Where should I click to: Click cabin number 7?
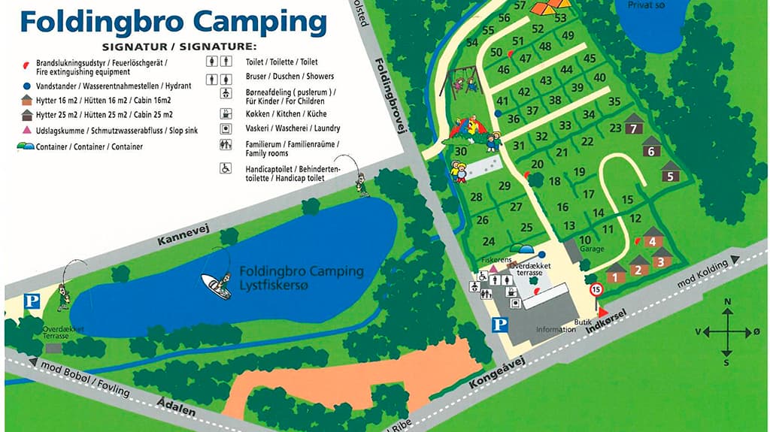click(634, 128)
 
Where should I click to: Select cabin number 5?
click(669, 176)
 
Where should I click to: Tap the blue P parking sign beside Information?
click(498, 325)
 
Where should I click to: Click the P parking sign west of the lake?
click(32, 301)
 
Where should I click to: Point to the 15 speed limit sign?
click(596, 289)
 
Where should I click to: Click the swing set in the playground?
click(464, 80)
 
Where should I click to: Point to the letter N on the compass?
click(727, 302)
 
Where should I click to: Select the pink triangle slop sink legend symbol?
click(26, 130)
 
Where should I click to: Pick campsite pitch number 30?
click(461, 151)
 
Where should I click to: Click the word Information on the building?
click(555, 330)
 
